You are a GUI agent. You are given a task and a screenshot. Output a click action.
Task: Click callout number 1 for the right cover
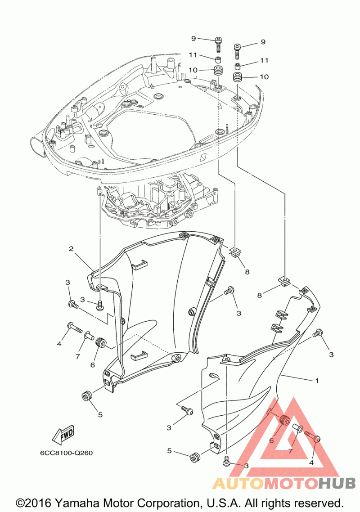[316, 381]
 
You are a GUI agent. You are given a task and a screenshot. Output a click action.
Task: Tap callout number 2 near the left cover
[71, 249]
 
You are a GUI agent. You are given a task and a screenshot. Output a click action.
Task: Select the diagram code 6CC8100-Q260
[66, 453]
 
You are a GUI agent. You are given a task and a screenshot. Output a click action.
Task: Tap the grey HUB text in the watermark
[337, 483]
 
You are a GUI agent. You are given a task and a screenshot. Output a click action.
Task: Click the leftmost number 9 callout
[193, 39]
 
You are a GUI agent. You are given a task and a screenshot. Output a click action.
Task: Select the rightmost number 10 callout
[264, 77]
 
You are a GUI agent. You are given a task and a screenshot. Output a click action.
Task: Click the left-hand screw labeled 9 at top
[218, 45]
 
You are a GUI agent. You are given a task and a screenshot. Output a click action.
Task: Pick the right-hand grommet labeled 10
[237, 78]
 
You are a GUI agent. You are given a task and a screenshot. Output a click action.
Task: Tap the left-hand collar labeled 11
[218, 60]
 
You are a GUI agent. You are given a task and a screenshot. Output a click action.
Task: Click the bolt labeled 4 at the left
[75, 328]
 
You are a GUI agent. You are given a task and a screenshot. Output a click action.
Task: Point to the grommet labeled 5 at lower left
[86, 396]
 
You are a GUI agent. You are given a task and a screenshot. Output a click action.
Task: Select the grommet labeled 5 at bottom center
[195, 457]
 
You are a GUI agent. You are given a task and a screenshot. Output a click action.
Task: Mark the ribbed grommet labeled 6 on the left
[100, 342]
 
